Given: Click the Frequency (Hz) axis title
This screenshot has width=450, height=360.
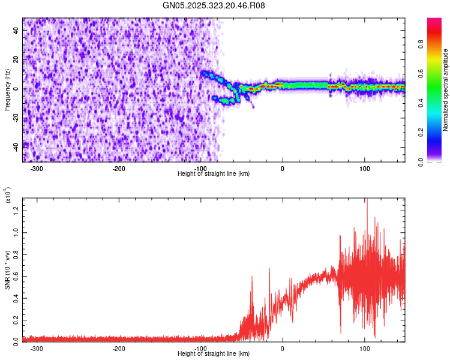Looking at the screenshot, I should coord(7,90).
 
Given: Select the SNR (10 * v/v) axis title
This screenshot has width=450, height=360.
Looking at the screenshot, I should coord(7,269).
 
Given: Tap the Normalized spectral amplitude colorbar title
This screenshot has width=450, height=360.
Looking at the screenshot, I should coord(446,90).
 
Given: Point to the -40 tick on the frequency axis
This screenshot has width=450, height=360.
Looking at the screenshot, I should coord(16,146).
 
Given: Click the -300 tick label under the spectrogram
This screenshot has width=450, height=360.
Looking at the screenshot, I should coord(37,169).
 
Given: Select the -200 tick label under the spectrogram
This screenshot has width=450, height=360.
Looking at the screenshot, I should coord(119,169).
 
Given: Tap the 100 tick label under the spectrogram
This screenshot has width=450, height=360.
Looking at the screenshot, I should coord(364,169).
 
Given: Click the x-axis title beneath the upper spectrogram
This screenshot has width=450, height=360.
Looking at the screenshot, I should coord(214,173).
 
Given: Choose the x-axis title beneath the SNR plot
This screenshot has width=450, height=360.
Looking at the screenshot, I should coord(214,354).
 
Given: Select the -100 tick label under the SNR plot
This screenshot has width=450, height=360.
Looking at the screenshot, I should coord(200,349).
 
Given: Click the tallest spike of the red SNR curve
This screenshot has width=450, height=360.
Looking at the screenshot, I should coord(367,200).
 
